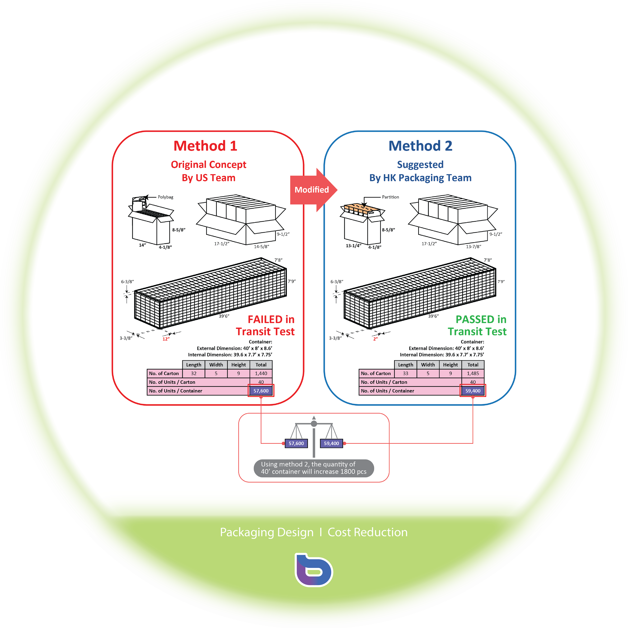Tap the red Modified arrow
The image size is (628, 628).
313,190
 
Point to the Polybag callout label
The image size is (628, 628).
166,197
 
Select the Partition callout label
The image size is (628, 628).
390,197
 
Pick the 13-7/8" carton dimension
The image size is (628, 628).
474,247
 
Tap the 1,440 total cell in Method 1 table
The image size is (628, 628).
261,373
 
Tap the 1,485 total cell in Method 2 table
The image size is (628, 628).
473,373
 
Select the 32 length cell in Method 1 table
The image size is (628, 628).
194,373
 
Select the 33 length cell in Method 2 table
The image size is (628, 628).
406,373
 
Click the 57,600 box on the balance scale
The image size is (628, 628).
296,443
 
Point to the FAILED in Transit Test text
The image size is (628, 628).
265,325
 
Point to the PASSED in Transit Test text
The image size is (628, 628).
477,325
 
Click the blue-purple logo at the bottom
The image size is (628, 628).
314,570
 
